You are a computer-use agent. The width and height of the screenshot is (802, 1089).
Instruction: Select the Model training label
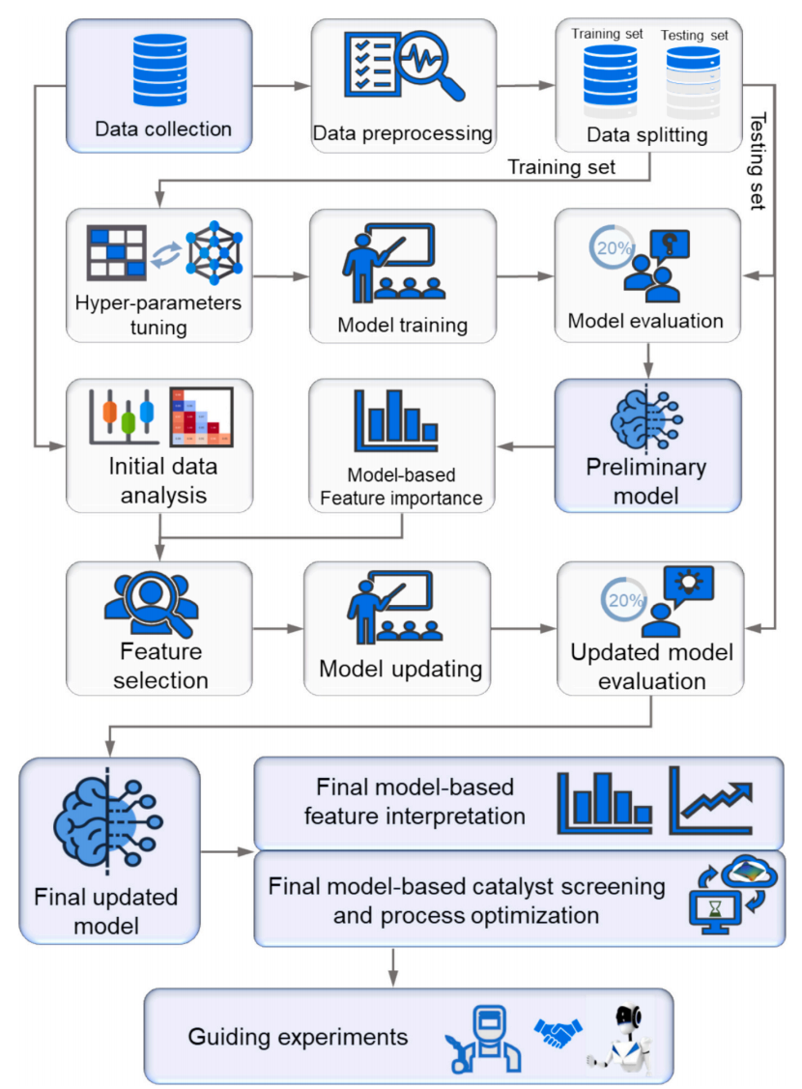pyautogui.click(x=402, y=325)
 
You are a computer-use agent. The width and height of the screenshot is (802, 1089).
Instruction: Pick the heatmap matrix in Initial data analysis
pyautogui.click(x=201, y=416)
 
